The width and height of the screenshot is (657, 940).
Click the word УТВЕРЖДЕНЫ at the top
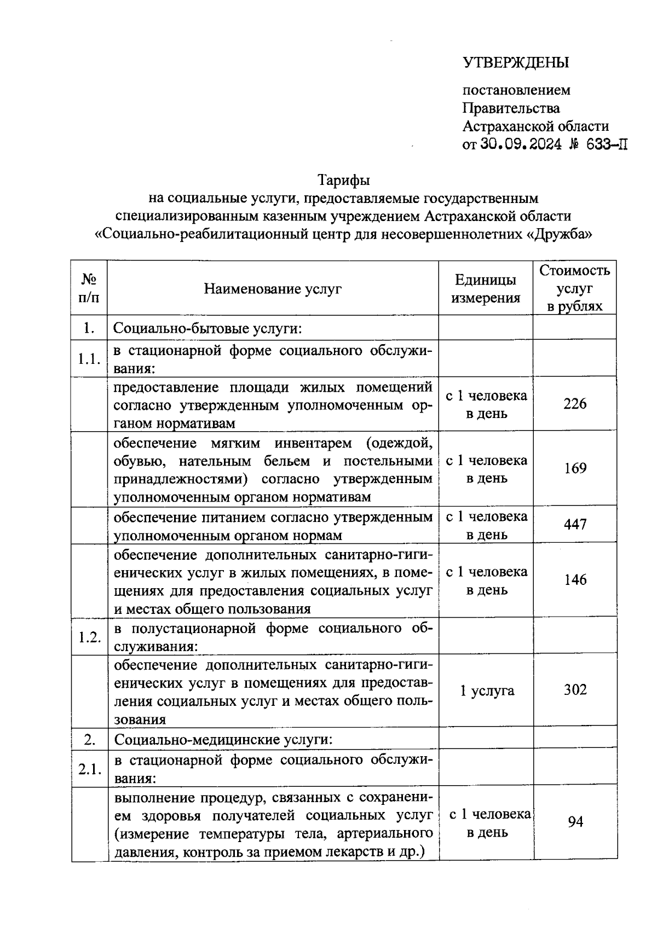(x=516, y=63)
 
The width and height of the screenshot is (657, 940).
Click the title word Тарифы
(x=344, y=179)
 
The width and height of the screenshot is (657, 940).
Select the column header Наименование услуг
(x=273, y=288)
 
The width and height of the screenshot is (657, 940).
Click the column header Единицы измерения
(x=485, y=288)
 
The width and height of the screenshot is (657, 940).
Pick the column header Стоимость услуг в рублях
(x=574, y=288)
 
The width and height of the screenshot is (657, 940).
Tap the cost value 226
(x=575, y=404)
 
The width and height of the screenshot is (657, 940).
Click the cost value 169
(x=575, y=468)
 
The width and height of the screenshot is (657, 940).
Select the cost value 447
(x=575, y=525)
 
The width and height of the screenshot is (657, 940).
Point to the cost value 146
(x=575, y=580)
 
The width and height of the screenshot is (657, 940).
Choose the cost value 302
(x=575, y=690)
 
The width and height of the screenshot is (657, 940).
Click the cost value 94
(x=575, y=822)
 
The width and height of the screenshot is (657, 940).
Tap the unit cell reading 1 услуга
(x=487, y=691)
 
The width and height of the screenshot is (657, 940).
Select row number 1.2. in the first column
(x=89, y=637)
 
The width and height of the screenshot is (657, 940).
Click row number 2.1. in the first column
(x=89, y=769)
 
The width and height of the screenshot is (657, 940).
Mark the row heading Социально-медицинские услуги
(x=223, y=740)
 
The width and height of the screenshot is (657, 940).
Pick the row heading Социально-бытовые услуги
(x=208, y=329)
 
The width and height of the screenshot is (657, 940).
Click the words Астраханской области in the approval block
(x=535, y=126)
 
